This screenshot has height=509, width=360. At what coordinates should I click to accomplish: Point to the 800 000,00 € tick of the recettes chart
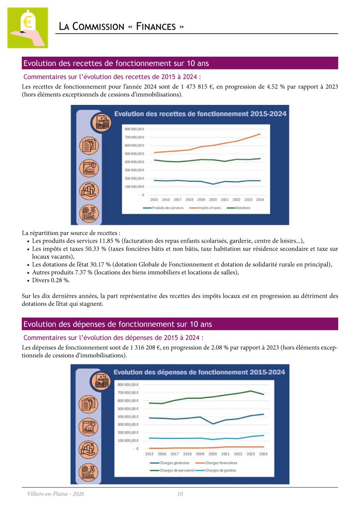click(134, 129)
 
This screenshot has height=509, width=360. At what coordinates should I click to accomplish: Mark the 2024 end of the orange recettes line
click(274, 134)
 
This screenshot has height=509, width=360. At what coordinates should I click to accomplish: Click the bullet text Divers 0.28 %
click(51, 280)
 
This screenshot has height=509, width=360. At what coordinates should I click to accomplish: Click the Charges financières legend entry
click(221, 463)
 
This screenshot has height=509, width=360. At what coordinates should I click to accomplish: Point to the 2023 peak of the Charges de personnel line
click(251, 391)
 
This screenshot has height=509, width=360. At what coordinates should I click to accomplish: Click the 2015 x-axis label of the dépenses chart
click(149, 454)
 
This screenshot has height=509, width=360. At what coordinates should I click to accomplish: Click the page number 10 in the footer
click(180, 494)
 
